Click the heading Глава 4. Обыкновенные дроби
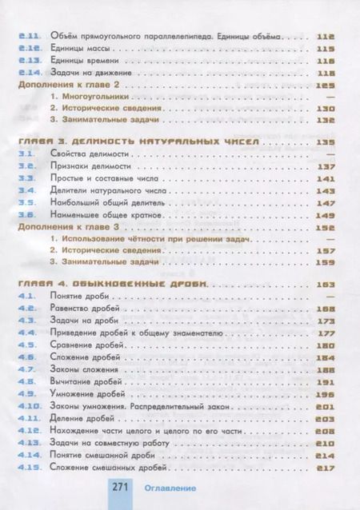coord(114,285)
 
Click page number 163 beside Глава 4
coord(325,285)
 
